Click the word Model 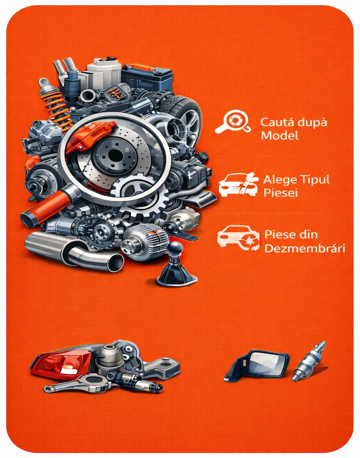tap(279, 135)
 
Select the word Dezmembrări tap(304, 248)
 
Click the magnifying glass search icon tap(233, 121)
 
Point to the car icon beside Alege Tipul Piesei tap(238, 184)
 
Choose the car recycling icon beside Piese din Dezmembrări tap(238, 238)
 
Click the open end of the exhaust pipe tap(115, 262)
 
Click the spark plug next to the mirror tap(309, 361)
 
